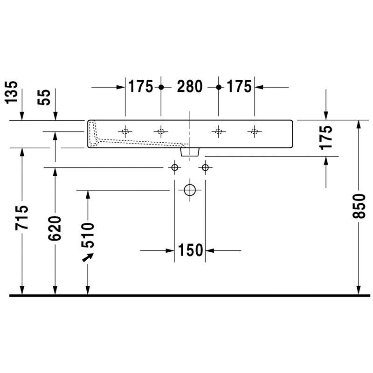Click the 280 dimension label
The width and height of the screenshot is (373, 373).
[x=190, y=86]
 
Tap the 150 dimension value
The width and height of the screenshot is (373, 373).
[x=190, y=250]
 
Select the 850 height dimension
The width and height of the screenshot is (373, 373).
[x=359, y=206]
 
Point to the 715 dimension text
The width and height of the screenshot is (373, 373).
[x=22, y=218]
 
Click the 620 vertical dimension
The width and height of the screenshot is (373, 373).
[x=55, y=228]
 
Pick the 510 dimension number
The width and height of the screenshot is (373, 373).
[x=88, y=235]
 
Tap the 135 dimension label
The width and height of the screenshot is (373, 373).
[x=11, y=92]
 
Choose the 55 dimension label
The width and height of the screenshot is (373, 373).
[x=44, y=97]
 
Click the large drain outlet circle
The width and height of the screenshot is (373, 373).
[x=190, y=190]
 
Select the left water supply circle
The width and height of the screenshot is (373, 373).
[x=174, y=167]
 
